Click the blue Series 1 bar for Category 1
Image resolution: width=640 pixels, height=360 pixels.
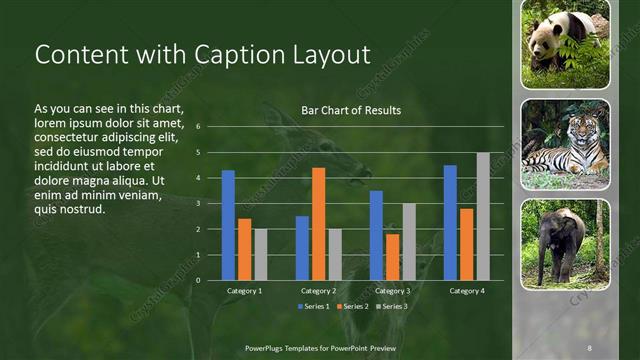pos(228,225)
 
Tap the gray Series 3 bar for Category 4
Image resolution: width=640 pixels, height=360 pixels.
pos(483,216)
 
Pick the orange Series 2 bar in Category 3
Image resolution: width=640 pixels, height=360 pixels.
pos(392,257)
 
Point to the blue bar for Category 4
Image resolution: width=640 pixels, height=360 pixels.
pos(450,222)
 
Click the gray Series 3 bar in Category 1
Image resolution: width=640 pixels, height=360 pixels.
pos(260,254)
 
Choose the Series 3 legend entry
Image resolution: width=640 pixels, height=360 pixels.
pos(391,306)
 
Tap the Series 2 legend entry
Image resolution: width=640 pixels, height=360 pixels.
pos(353,306)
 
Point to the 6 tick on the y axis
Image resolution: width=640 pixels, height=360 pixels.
pos(199,127)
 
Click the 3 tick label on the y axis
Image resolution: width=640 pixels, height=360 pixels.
pos(199,204)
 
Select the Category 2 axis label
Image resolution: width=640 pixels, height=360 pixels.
pos(318,291)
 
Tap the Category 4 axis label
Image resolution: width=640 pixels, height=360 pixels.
pos(466,291)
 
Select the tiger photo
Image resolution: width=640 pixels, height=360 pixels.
pos(565,146)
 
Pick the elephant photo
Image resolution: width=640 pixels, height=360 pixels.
pos(565,245)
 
